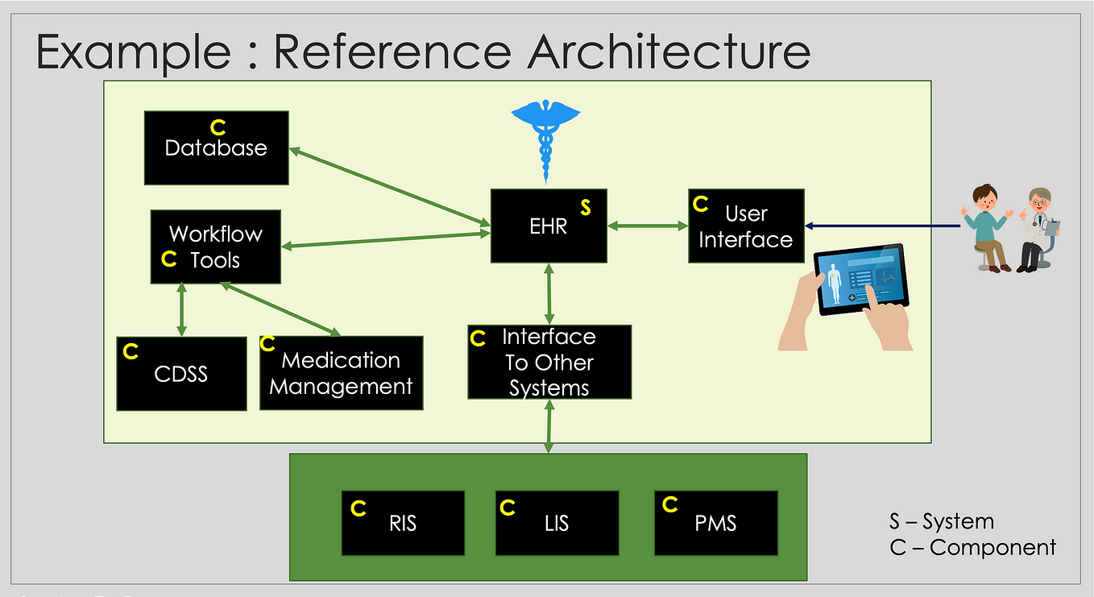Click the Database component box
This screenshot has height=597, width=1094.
[216, 148]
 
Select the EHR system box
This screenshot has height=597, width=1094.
[549, 226]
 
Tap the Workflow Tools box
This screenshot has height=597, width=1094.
[215, 247]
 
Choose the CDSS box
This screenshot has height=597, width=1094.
[181, 374]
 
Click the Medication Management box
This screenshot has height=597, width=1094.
[341, 374]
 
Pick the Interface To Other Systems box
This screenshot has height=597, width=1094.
[549, 362]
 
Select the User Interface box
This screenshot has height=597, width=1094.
[746, 226]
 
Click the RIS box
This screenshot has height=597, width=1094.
[403, 523]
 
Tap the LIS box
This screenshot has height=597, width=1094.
[557, 523]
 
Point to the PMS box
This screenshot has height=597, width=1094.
[715, 523]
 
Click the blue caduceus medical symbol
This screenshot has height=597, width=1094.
[545, 137]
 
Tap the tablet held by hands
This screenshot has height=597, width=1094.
[860, 280]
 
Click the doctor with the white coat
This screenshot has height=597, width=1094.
[1038, 230]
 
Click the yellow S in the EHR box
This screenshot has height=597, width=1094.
[586, 208]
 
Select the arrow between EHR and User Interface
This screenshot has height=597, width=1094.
[648, 226]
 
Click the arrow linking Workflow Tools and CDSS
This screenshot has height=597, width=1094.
[181, 309]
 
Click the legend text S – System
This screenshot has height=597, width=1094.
[941, 521]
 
